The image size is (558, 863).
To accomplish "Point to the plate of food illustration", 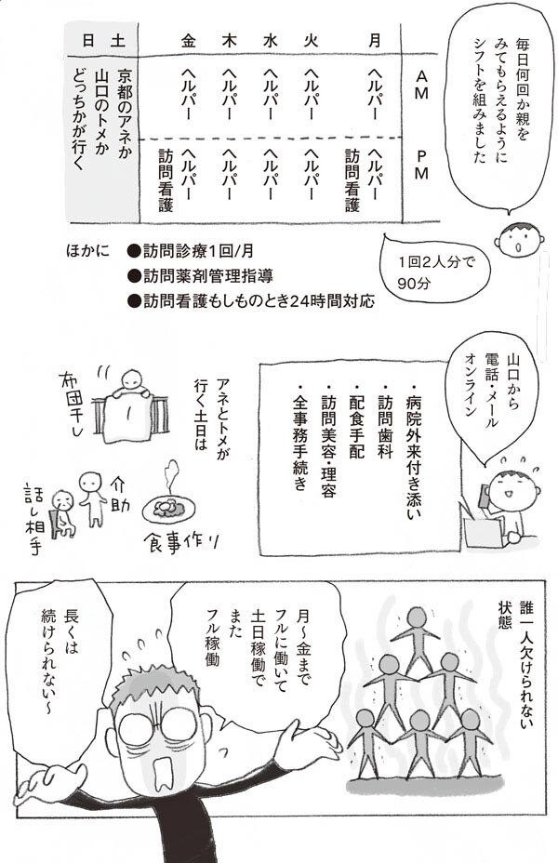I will (x=170, y=510).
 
